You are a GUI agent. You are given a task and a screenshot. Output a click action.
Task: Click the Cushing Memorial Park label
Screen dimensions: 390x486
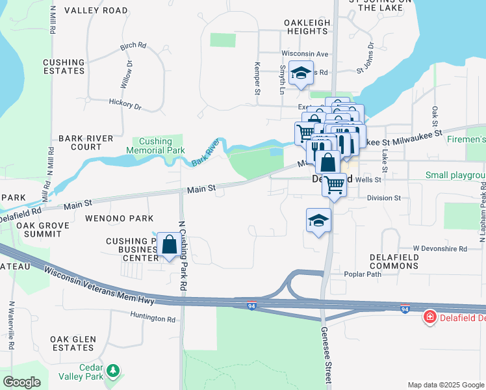click(155, 146)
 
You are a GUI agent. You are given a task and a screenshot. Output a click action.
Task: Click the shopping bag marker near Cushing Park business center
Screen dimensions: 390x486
click(169, 245)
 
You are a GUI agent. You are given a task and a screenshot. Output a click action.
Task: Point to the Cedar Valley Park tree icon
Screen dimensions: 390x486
click(114, 370)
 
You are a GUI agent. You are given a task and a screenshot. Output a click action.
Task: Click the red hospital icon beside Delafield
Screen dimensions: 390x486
click(429, 317)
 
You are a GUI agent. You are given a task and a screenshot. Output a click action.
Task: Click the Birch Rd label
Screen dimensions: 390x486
click(133, 47)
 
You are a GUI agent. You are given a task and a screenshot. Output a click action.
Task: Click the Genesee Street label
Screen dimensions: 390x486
click(326, 356)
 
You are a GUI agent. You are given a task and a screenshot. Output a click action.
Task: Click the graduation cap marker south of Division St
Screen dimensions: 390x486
click(319, 221)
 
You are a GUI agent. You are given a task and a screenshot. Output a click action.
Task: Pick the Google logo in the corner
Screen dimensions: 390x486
click(21, 382)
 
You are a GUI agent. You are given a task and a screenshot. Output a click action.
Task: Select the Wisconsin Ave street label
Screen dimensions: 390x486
click(305, 53)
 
